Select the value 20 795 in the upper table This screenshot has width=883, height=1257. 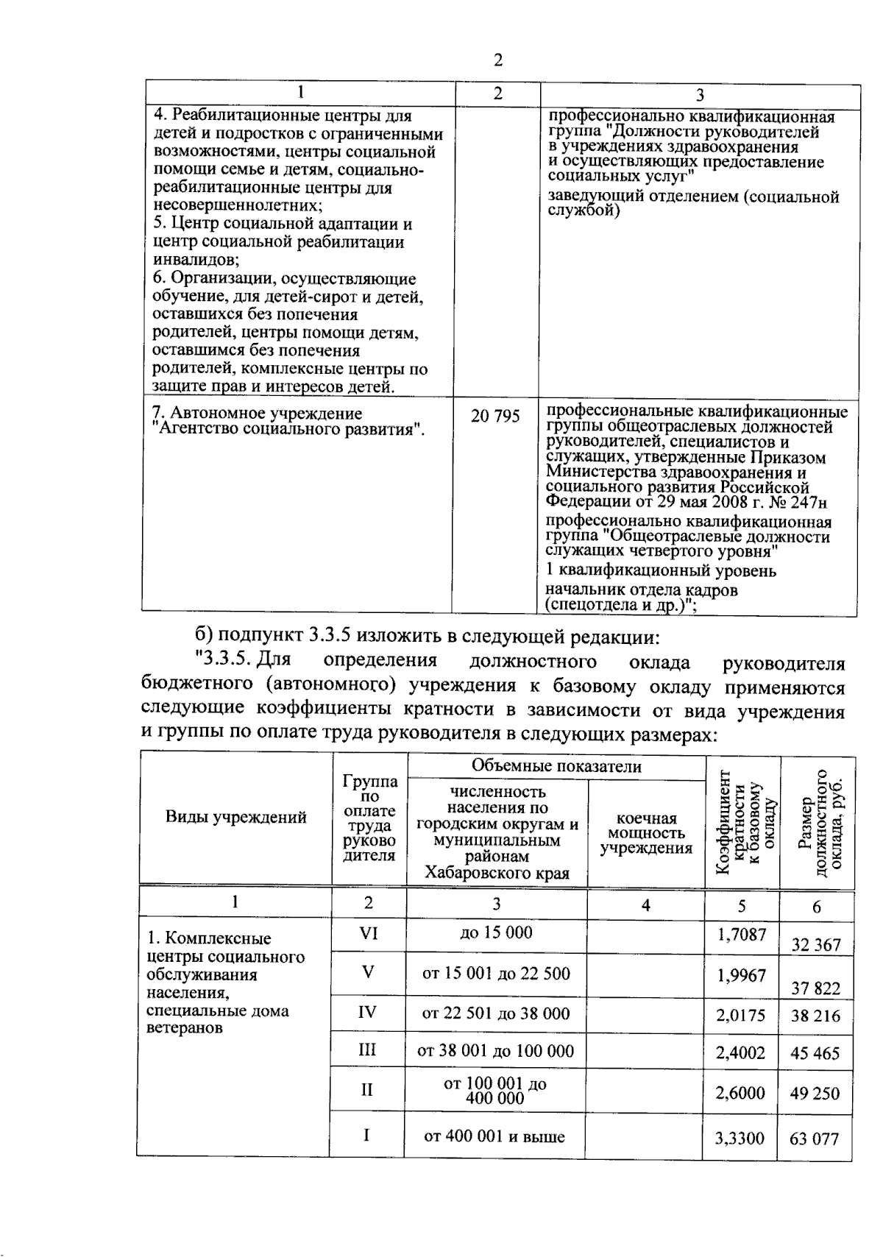pos(495,417)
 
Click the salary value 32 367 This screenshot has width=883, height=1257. pos(815,945)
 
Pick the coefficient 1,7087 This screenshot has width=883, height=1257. pos(741,935)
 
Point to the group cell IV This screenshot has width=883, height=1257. pos(367,1013)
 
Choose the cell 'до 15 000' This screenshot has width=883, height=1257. pos(496,933)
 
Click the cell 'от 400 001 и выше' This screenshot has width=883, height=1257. pos(494,1136)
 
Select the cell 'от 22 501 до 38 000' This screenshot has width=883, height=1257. pos(495,1014)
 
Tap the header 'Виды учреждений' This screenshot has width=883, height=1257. pos(235,817)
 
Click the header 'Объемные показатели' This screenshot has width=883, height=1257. pos(556,767)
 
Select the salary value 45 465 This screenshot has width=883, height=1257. pos(815,1053)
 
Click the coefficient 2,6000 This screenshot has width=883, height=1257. pos(740,1093)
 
